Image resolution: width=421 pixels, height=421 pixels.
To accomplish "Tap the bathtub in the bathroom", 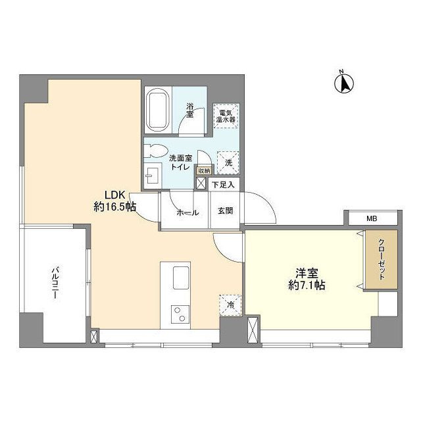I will click(158, 110).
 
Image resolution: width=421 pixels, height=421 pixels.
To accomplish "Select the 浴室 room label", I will click(190, 110).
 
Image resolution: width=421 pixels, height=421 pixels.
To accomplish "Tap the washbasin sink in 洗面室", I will click(153, 176).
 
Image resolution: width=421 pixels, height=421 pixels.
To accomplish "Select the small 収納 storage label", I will click(203, 171).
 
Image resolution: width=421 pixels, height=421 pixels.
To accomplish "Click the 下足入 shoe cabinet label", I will click(223, 186).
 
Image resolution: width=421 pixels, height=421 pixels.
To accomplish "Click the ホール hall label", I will click(187, 212).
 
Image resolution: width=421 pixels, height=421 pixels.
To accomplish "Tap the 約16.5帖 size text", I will click(114, 207).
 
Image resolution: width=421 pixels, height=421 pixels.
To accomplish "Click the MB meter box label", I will click(371, 218).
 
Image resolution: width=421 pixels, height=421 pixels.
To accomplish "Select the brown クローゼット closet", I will click(382, 259).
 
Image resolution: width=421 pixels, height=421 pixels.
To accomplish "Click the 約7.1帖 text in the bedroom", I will click(305, 285).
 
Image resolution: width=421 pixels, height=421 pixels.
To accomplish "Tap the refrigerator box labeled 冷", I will click(230, 304).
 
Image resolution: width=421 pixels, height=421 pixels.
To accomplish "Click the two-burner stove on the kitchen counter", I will click(177, 313).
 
